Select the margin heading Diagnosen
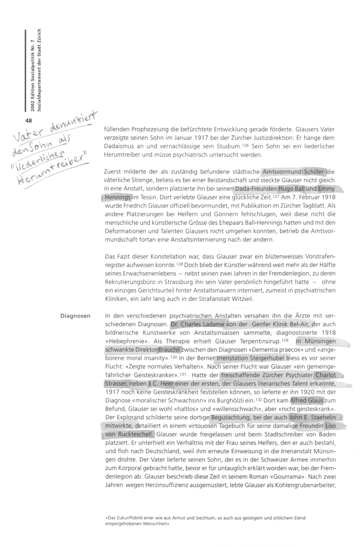75,316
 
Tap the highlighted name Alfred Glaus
306,400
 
